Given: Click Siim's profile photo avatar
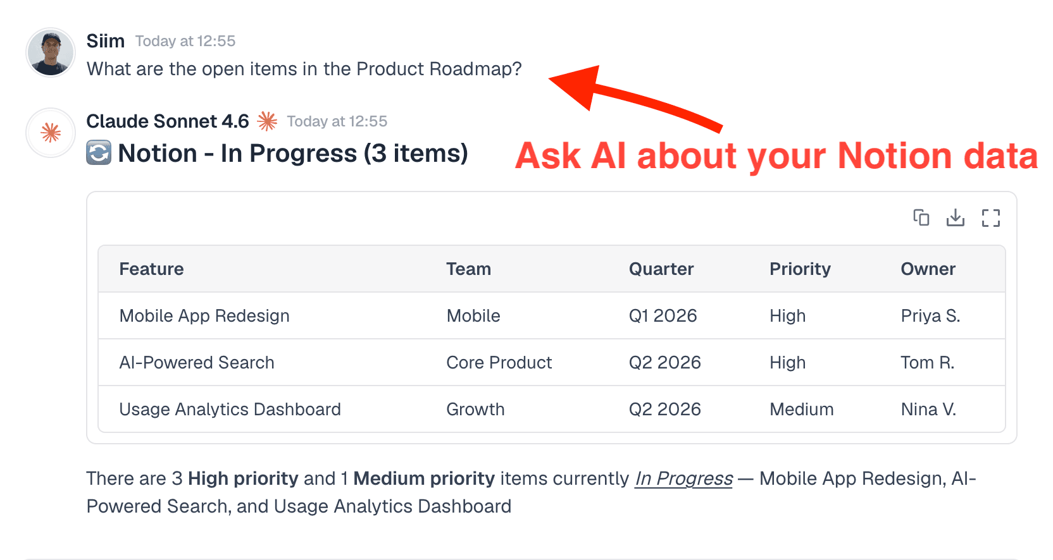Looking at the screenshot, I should tap(51, 52).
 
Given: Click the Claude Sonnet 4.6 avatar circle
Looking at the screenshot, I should tap(51, 133).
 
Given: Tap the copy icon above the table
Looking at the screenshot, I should tap(921, 218).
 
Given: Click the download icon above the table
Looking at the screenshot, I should tap(956, 218).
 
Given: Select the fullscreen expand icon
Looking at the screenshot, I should tap(991, 218).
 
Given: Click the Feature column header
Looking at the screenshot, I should tap(152, 269).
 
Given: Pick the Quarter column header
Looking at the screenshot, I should tap(661, 269).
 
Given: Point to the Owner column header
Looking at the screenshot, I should tap(928, 269).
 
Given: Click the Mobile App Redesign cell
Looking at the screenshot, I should tap(204, 316).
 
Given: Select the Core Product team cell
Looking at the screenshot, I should tap(499, 363).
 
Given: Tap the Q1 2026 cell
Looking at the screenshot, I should tap(663, 316).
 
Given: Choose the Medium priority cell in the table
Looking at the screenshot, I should tap(801, 410).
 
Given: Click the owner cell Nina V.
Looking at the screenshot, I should tap(928, 410).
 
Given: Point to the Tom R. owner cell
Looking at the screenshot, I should tap(927, 363).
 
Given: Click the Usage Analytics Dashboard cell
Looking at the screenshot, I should tap(230, 410).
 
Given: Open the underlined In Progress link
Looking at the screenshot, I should tap(683, 479).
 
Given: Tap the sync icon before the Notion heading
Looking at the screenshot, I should tap(99, 153).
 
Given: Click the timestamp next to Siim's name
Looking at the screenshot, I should tap(185, 42).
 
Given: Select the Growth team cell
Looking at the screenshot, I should tap(475, 410).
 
